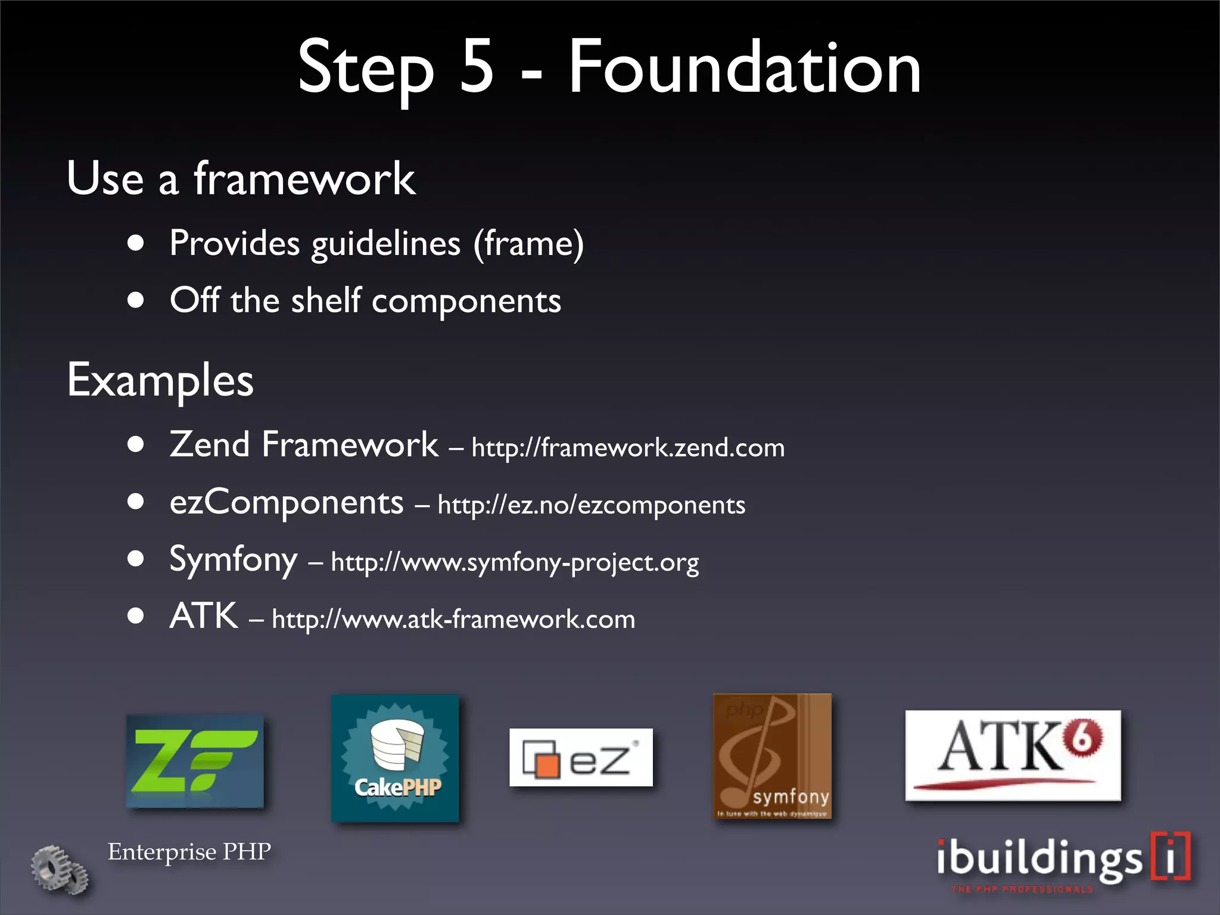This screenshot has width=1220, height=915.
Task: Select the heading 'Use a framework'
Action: [x=241, y=179]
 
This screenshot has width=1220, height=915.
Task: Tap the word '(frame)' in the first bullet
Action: [x=528, y=244]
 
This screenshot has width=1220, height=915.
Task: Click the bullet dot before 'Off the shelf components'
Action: [x=136, y=300]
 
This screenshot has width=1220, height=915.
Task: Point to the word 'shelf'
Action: [x=325, y=300]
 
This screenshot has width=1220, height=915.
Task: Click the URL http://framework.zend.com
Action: [x=628, y=448]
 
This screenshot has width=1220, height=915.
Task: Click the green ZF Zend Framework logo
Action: [x=195, y=761]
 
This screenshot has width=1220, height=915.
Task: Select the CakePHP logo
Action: [x=396, y=758]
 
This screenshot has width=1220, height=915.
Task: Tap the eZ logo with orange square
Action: [x=581, y=758]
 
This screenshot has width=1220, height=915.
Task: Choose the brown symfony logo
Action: [x=772, y=755]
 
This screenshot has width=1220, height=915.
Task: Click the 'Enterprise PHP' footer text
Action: [x=189, y=852]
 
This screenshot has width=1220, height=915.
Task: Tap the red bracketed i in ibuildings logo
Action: [x=1171, y=857]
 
